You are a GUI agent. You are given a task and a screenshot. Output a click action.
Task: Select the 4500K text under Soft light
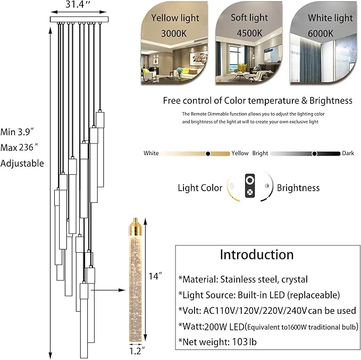tap(249, 32)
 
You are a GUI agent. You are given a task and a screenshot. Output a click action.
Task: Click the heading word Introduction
tap(257, 254)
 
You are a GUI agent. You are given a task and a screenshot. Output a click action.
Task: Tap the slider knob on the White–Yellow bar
tap(208, 153)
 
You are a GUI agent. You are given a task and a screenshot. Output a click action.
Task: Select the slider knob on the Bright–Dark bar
tap(315, 153)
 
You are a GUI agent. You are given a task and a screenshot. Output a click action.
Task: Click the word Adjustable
tap(22, 163)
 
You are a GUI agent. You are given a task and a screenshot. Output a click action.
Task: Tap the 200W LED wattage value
tap(224, 325)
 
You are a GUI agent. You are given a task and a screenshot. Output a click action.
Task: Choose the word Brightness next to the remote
tap(298, 187)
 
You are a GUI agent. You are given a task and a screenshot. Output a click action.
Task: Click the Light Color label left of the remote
tap(200, 187)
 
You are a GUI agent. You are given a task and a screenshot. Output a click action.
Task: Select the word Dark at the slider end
tap(348, 153)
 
